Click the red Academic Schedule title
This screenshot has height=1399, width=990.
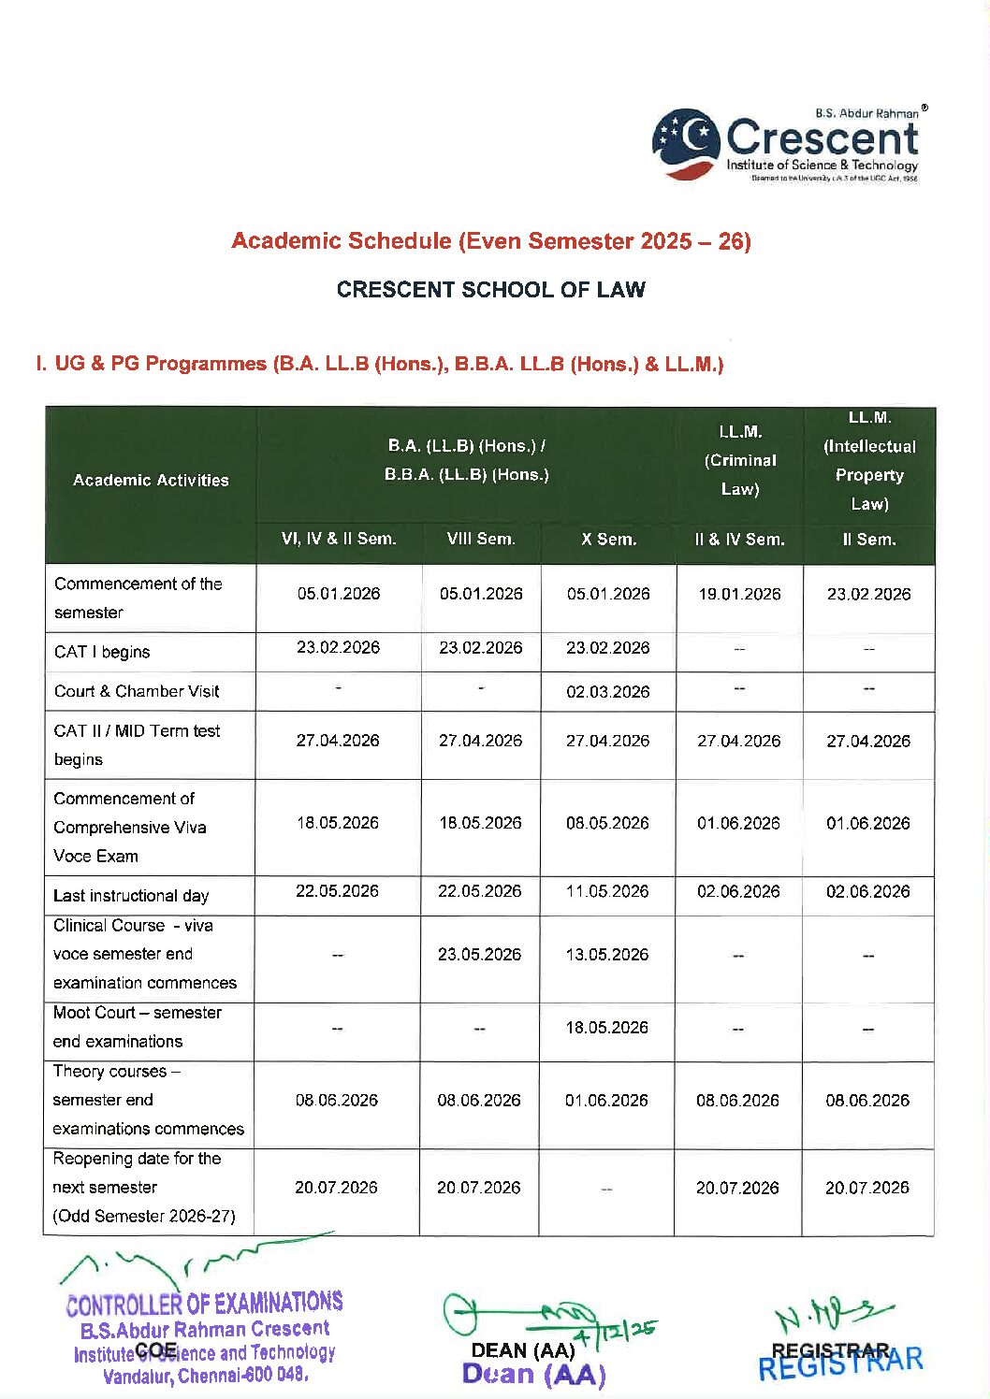point(490,241)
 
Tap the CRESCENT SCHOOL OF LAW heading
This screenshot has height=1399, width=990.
point(490,290)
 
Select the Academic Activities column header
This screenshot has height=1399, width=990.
point(151,481)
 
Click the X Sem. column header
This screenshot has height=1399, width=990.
point(608,540)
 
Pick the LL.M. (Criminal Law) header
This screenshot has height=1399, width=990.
point(739,461)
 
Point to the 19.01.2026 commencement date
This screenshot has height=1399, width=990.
point(739,594)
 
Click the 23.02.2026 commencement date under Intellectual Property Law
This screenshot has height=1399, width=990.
point(868,594)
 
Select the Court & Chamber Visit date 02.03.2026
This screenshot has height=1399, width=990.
point(607,692)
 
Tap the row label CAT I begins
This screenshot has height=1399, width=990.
point(102,652)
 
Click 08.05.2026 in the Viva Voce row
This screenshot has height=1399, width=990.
point(607,823)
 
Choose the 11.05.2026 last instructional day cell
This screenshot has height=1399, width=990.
point(607,891)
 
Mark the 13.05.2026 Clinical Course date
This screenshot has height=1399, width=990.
point(607,955)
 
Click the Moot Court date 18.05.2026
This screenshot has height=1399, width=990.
point(607,1028)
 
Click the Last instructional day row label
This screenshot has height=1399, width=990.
point(131,896)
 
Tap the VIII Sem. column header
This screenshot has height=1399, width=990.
point(481,540)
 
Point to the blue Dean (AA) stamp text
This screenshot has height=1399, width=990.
point(533,1375)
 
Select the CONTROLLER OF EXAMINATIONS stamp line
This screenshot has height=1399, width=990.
point(204,1303)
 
